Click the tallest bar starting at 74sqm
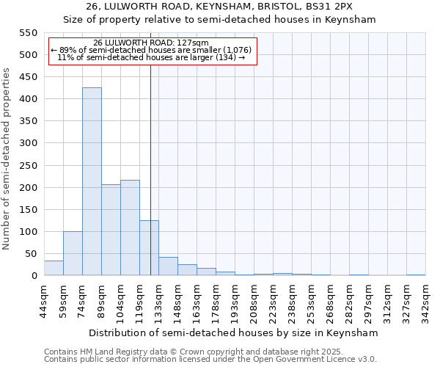[x=92, y=181]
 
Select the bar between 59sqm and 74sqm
[x=73, y=253]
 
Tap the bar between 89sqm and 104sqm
[x=111, y=230]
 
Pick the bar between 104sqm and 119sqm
[x=130, y=228]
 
